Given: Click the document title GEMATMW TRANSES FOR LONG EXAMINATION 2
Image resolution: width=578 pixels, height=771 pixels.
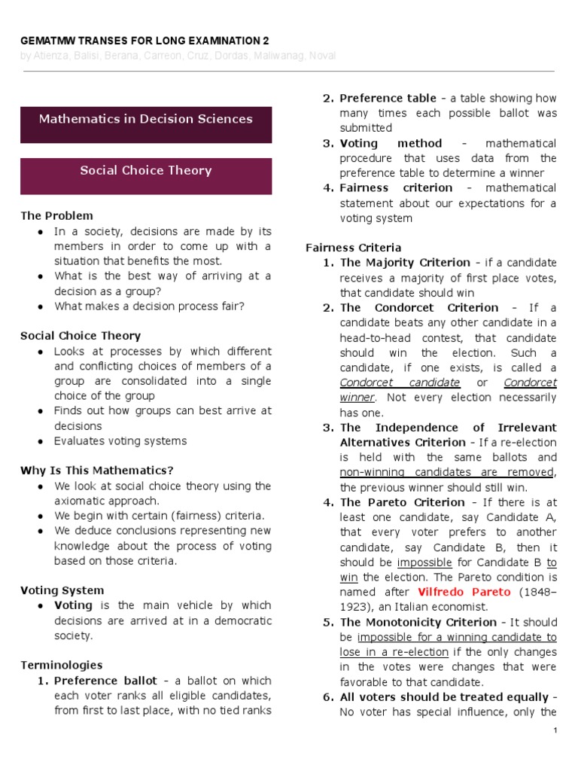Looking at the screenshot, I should pyautogui.click(x=144, y=41).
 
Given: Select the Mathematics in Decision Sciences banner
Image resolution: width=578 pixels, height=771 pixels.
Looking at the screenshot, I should pyautogui.click(x=145, y=119).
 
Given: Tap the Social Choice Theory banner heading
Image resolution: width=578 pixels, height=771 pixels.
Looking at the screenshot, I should pyautogui.click(x=145, y=170).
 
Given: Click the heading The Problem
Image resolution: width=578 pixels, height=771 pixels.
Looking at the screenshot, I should pyautogui.click(x=56, y=216).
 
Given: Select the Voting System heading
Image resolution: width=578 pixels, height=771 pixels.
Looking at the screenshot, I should pyautogui.click(x=62, y=590).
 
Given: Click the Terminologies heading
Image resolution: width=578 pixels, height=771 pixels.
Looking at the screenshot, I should pyautogui.click(x=61, y=666).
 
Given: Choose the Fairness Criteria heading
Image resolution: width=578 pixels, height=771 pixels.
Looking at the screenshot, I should pyautogui.click(x=353, y=248).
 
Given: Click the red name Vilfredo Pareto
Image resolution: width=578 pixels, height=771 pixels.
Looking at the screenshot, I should pyautogui.click(x=464, y=592).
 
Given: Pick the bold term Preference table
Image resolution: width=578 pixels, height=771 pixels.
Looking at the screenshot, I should pyautogui.click(x=388, y=98).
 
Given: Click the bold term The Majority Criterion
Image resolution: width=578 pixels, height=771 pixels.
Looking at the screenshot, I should pyautogui.click(x=405, y=263).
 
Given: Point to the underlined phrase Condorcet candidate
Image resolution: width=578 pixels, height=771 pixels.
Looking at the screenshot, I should pyautogui.click(x=400, y=382).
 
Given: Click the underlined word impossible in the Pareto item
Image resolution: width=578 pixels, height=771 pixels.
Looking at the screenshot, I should pyautogui.click(x=424, y=562).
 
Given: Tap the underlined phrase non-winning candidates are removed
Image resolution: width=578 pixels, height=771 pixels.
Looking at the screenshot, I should pyautogui.click(x=447, y=472).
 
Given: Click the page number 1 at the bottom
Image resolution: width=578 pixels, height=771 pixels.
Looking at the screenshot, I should pyautogui.click(x=555, y=731).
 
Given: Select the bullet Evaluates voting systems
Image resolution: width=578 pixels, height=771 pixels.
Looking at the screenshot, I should pyautogui.click(x=120, y=441).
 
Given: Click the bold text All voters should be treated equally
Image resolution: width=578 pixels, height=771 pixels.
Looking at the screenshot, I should pyautogui.click(x=444, y=697).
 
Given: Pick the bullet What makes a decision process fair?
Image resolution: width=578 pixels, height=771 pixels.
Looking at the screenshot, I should pyautogui.click(x=149, y=306).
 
